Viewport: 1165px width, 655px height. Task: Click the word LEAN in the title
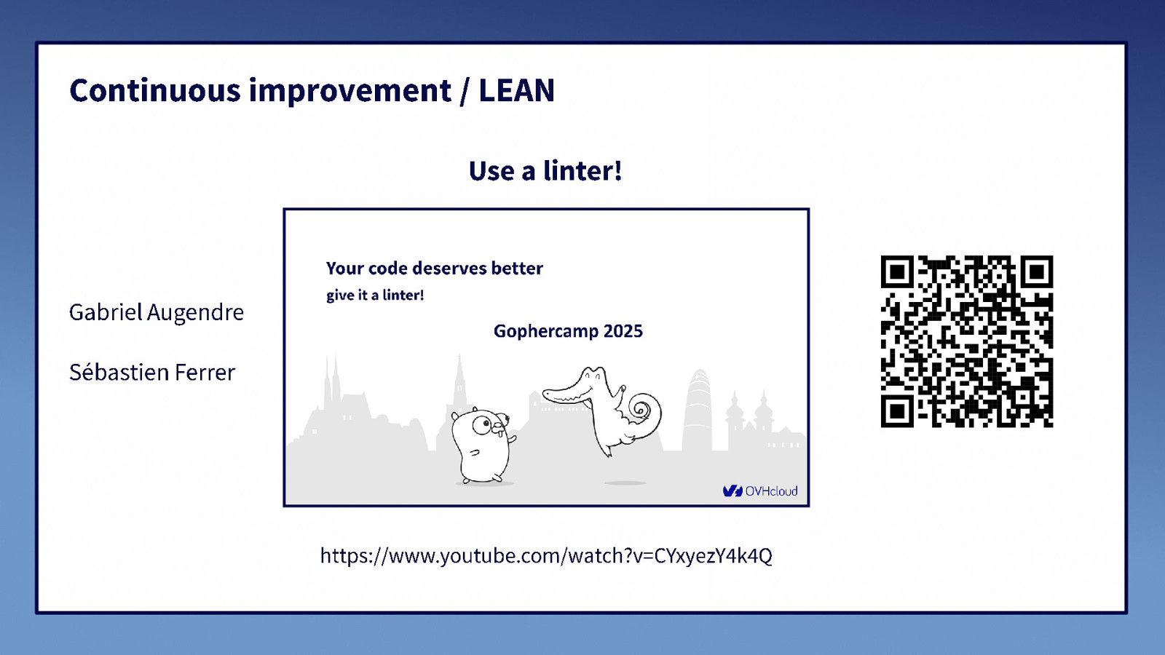pos(516,91)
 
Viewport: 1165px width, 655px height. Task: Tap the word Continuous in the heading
pos(154,91)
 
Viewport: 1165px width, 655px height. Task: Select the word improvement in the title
pos(350,91)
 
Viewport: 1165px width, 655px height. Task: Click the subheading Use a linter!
pos(545,171)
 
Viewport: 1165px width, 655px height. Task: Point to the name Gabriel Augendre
pos(157,312)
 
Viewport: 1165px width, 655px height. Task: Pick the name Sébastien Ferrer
pos(152,373)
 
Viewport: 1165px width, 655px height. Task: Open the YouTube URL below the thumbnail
pos(546,556)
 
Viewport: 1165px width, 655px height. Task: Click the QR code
pos(966,341)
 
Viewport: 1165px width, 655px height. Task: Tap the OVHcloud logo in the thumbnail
pos(760,491)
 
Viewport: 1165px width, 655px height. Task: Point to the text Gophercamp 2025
pos(568,331)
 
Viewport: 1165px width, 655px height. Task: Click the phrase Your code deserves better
pos(434,269)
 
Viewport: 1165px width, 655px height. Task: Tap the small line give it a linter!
pos(375,295)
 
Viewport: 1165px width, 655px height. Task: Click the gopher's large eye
pos(482,424)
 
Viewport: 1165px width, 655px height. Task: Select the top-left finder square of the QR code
pos(897,272)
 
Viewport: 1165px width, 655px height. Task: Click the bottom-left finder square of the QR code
pos(897,411)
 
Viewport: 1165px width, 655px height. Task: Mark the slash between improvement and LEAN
pos(465,92)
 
